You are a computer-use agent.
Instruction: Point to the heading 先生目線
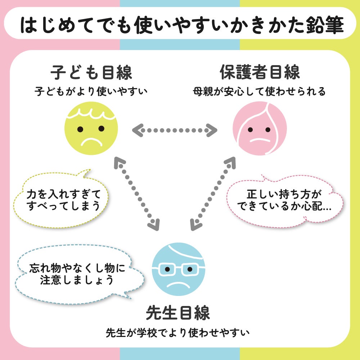[x=178, y=312]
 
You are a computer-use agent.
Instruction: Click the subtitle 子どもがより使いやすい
[x=91, y=91]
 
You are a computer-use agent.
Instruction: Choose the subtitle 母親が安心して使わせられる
[x=259, y=91]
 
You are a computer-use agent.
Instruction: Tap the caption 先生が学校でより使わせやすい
[x=178, y=333]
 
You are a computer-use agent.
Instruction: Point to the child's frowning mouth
[x=91, y=142]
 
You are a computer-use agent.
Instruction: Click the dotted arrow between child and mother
[x=175, y=130]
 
